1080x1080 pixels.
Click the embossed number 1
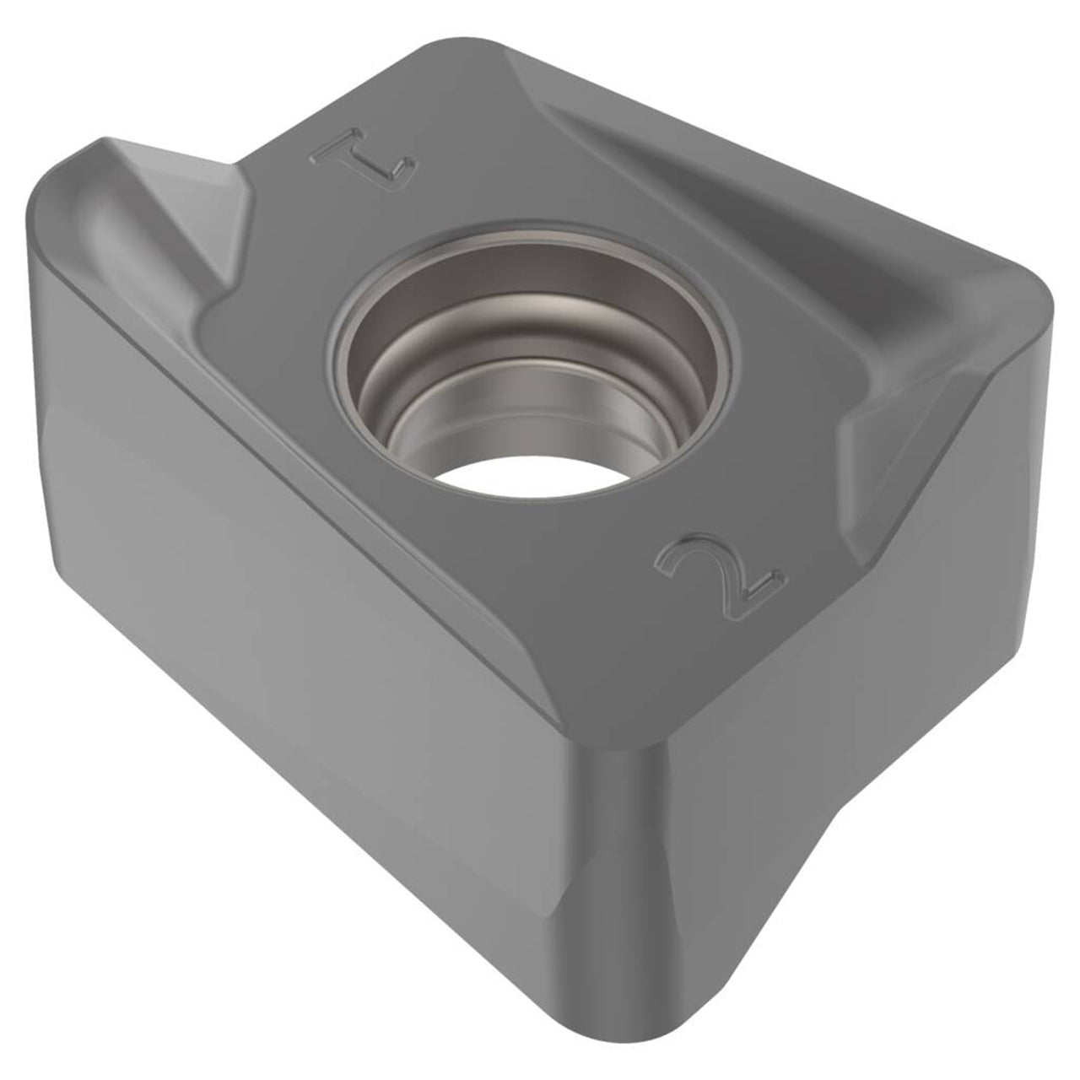click(x=364, y=158)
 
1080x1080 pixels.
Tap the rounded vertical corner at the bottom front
click(x=617, y=874)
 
